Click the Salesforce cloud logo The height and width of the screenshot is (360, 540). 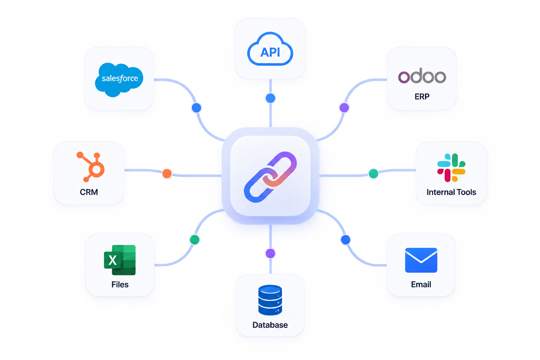[119, 79]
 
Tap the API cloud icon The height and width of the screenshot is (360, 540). [270, 49]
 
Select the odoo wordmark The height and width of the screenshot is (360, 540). [422, 76]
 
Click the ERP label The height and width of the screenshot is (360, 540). [422, 96]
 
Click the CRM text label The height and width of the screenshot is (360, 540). [89, 192]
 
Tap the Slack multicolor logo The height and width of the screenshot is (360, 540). [451, 168]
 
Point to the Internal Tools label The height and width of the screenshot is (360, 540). [451, 192]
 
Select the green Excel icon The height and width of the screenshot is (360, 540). [120, 260]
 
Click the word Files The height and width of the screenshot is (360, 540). [120, 284]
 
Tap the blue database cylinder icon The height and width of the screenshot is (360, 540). [270, 300]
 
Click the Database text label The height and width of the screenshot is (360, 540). [270, 325]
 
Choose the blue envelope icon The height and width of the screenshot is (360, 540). [421, 260]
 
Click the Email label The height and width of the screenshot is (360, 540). [421, 284]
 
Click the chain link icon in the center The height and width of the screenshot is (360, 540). [270, 177]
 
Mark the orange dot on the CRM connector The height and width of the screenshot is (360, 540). [167, 173]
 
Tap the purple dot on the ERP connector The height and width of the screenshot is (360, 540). [344, 108]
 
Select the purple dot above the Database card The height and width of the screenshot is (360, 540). [270, 253]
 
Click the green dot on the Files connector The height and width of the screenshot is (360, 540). [194, 240]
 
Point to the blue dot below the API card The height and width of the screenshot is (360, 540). [270, 98]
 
